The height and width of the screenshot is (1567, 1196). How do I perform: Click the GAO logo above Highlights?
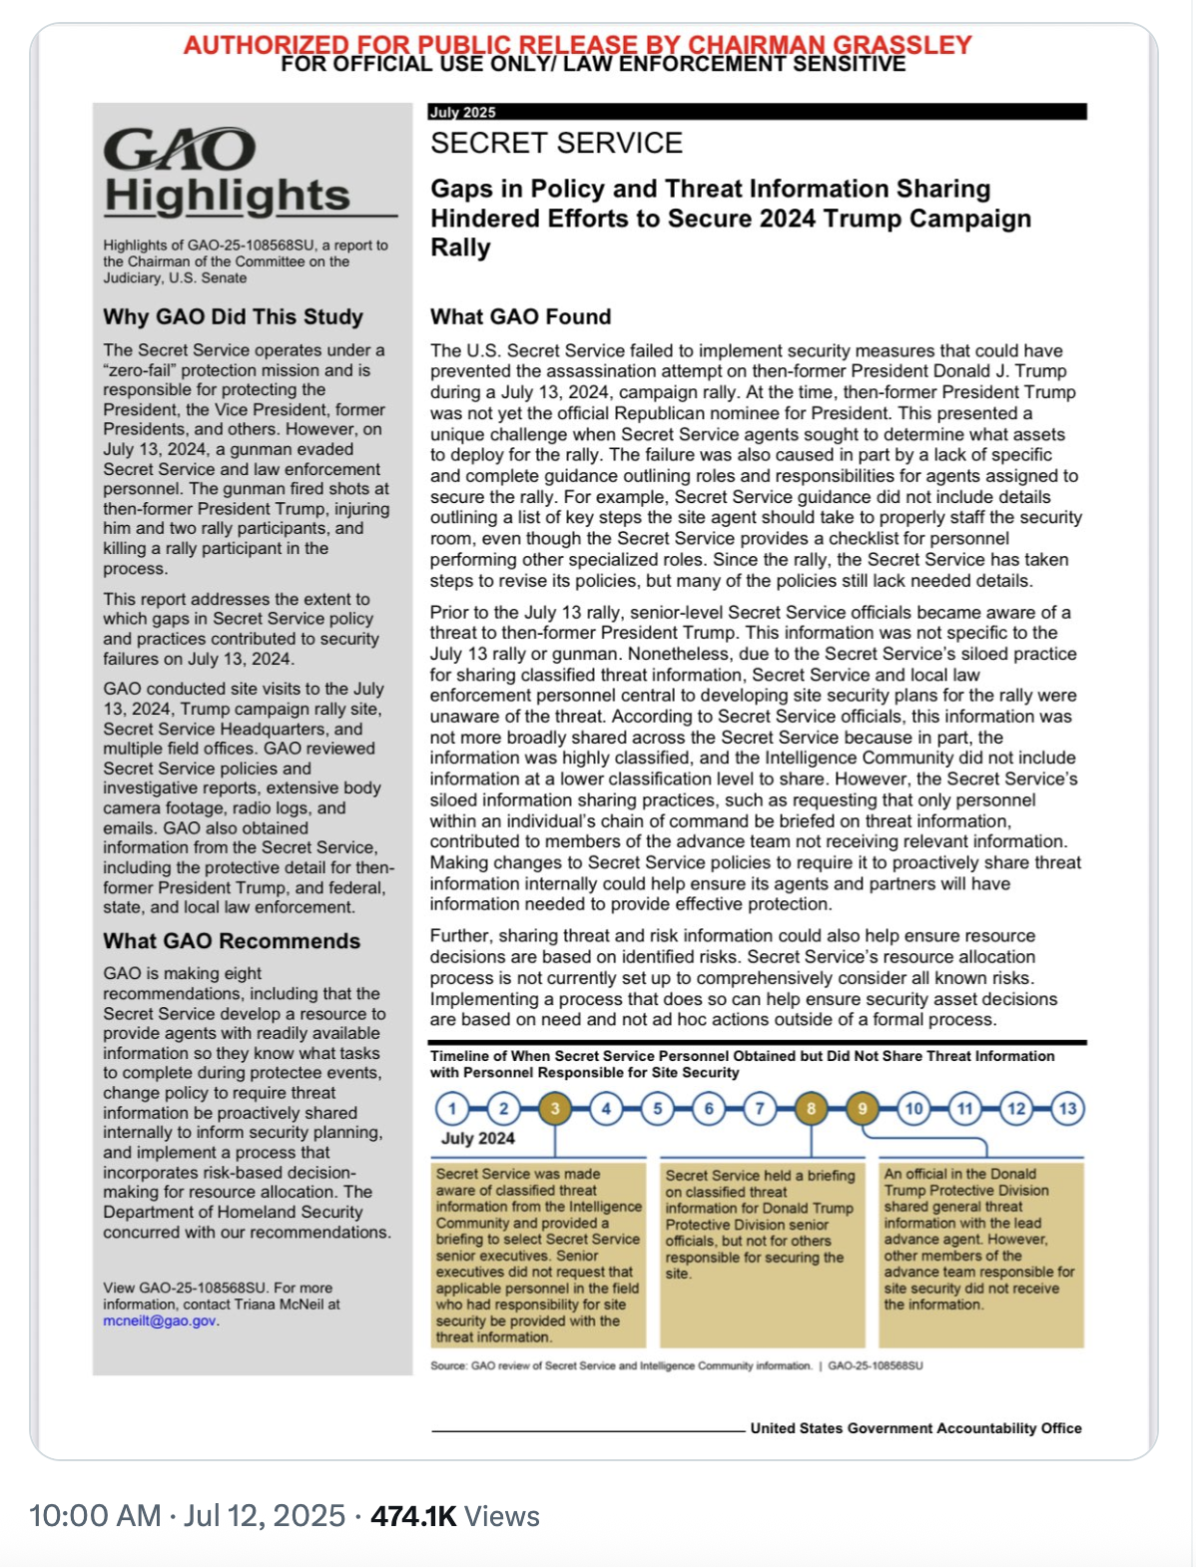(180, 150)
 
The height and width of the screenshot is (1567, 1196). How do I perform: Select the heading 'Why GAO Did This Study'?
(233, 317)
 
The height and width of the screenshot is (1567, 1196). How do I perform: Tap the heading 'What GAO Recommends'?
(232, 941)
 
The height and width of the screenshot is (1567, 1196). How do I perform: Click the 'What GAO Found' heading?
(520, 317)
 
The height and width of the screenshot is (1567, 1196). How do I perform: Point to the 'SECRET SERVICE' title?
(556, 144)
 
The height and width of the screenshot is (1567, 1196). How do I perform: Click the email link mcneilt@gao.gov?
(160, 1320)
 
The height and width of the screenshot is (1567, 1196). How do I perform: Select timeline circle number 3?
(555, 1109)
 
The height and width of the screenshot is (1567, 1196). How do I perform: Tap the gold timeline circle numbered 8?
(811, 1109)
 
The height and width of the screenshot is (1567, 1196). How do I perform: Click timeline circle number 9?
(863, 1109)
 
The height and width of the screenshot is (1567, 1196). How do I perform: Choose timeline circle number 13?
(1067, 1109)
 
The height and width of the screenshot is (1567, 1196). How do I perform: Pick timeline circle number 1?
(452, 1109)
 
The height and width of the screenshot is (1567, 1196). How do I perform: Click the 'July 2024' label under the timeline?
(478, 1139)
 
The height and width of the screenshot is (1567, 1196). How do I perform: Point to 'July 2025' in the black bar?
(462, 113)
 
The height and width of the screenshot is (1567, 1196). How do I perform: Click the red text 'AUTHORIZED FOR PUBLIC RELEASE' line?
(577, 44)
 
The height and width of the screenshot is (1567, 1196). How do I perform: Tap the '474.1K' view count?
(413, 1516)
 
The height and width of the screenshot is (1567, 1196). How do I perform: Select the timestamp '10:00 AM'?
(95, 1516)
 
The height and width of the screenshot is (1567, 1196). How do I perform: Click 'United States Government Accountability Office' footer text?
(915, 1428)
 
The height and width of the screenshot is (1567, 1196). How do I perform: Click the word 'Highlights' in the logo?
(228, 196)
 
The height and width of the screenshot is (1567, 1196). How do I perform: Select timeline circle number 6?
(709, 1109)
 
